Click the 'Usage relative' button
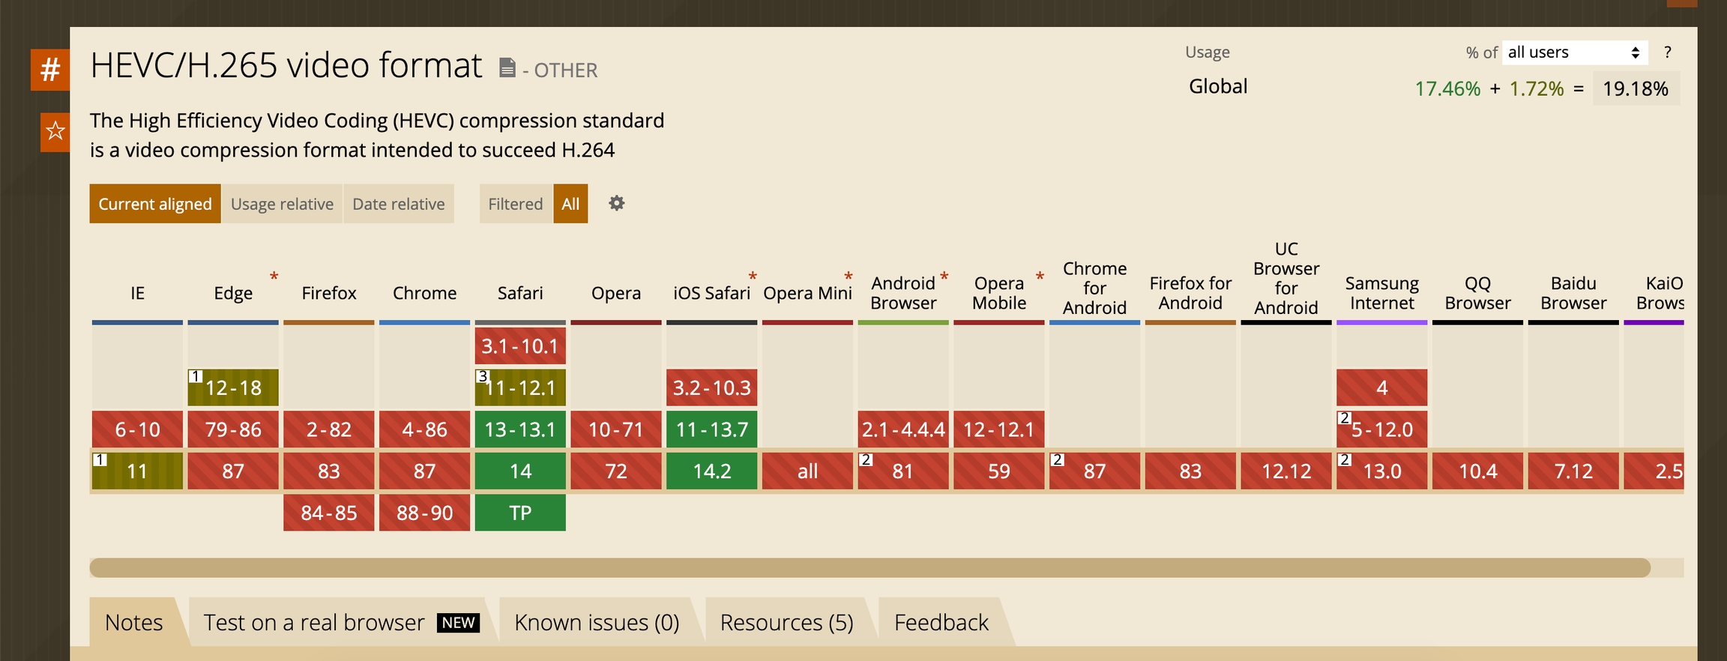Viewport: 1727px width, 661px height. click(282, 204)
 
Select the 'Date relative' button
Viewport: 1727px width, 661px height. click(399, 204)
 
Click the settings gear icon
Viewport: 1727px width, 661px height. click(616, 203)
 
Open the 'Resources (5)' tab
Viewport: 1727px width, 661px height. click(786, 622)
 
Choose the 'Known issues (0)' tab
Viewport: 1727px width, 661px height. click(597, 622)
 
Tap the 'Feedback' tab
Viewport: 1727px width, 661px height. click(941, 622)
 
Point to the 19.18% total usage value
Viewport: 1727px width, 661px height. click(1636, 88)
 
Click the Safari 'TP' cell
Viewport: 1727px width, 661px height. click(520, 513)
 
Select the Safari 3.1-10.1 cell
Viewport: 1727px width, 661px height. click(520, 346)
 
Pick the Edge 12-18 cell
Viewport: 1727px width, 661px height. click(233, 387)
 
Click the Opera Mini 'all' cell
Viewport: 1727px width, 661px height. click(807, 471)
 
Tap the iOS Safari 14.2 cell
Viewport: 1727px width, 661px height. click(711, 471)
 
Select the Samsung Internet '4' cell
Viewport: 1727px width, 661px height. click(1381, 387)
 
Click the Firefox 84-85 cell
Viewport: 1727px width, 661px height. click(328, 513)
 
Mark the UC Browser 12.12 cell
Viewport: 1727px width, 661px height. click(1286, 471)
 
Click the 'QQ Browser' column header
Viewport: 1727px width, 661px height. click(1477, 293)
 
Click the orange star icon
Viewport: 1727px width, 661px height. click(55, 132)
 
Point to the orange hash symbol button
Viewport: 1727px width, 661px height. click(50, 70)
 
